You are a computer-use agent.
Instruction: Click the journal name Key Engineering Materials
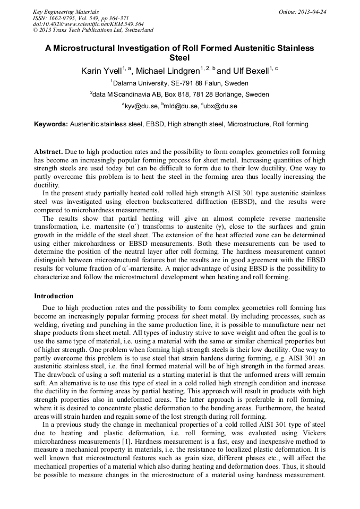(66, 11)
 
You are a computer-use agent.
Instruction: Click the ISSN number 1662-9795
(66, 18)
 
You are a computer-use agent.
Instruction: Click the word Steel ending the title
(179, 58)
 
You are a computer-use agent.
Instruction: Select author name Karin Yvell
(101, 71)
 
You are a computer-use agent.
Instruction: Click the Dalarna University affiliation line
(179, 83)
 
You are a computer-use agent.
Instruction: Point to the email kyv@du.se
(142, 106)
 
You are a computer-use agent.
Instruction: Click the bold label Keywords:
(51, 124)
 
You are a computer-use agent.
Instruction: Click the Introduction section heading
(54, 296)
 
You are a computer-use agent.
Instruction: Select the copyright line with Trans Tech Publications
(93, 30)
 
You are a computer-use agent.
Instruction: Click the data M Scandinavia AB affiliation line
(179, 94)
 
